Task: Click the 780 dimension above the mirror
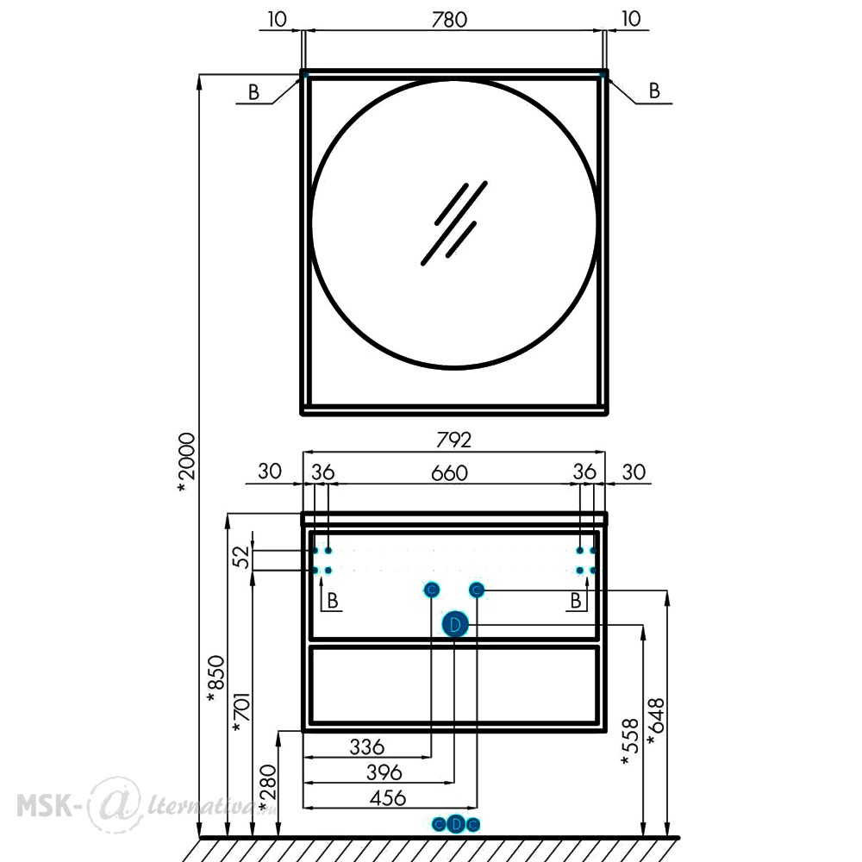(449, 20)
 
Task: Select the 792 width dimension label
(453, 440)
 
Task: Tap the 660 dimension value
(449, 472)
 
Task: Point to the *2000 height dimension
(186, 462)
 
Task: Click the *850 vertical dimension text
(215, 679)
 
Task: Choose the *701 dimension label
(242, 712)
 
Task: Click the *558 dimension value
(630, 741)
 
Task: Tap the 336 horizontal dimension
(367, 747)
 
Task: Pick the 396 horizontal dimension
(384, 772)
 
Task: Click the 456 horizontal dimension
(388, 797)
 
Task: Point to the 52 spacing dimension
(241, 557)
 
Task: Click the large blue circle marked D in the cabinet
(454, 624)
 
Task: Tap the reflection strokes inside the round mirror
(454, 223)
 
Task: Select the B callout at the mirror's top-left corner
(253, 92)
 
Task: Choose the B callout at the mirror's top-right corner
(654, 91)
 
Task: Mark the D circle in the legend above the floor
(456, 824)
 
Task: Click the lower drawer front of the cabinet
(454, 684)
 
